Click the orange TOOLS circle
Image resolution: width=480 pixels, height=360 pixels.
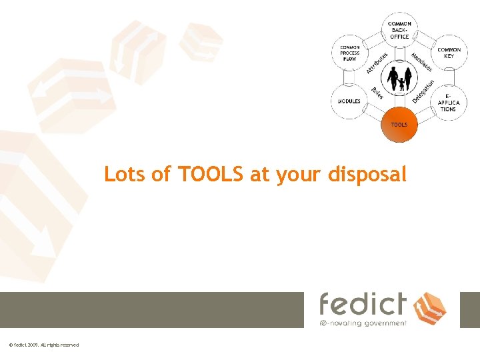(399, 125)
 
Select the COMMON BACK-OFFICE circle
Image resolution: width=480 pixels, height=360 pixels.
(399, 30)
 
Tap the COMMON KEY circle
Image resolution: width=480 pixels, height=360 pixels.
(449, 53)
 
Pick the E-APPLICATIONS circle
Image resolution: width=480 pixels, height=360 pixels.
(448, 102)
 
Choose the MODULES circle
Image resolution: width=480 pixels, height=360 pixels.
(349, 101)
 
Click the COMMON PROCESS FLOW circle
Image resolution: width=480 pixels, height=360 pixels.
(349, 53)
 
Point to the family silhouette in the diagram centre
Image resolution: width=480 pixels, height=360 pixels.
(400, 79)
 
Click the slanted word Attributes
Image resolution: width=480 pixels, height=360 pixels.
(377, 61)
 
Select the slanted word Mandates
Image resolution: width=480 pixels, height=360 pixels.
(422, 61)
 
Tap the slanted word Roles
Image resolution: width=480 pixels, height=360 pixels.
(377, 94)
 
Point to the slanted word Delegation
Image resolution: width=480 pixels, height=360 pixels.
(423, 92)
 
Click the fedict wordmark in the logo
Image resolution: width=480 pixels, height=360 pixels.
(363, 304)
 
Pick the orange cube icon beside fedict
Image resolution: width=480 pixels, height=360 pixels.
(429, 308)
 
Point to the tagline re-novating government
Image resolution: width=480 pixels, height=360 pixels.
(363, 323)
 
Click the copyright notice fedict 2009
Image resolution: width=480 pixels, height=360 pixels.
(44, 345)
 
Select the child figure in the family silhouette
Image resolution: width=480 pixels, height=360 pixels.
(401, 84)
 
